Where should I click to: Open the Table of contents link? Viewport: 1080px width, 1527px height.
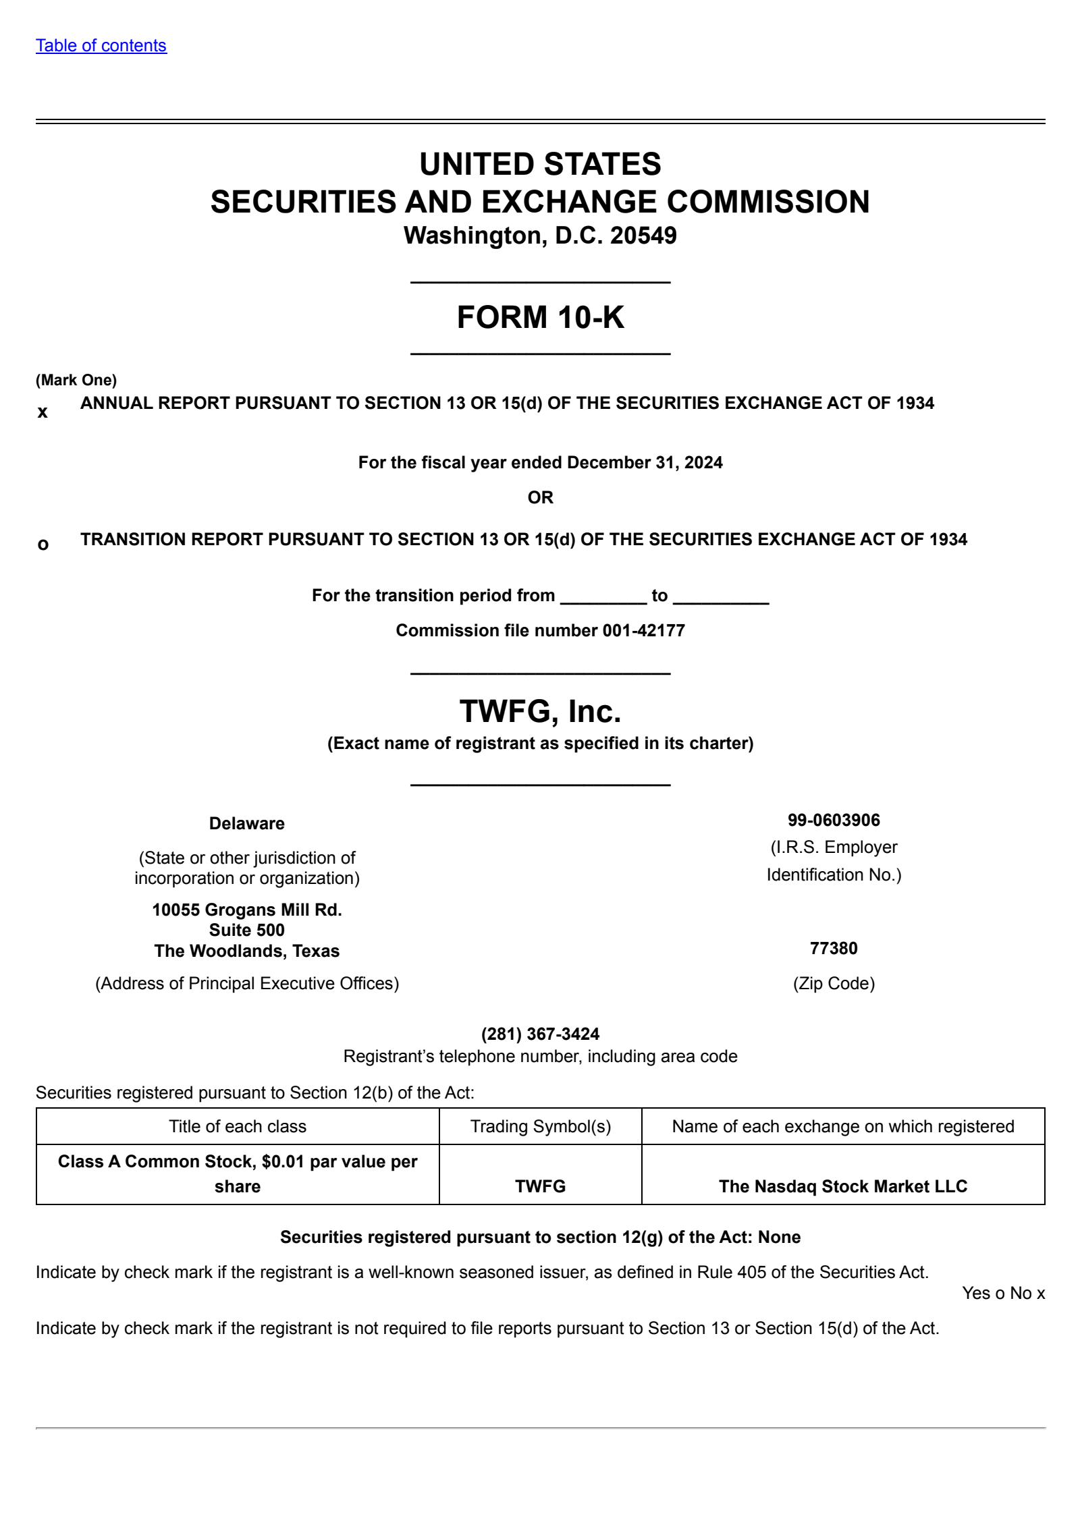coord(101,46)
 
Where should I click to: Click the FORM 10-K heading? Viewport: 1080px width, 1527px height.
coord(540,317)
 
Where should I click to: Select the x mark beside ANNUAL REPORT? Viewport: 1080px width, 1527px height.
coord(43,412)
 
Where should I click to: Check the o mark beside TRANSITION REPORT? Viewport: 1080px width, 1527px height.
coord(43,544)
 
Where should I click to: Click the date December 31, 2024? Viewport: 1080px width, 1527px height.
coord(645,463)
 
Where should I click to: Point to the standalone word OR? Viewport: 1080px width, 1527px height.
coord(540,497)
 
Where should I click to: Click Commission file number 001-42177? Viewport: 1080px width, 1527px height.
coord(540,630)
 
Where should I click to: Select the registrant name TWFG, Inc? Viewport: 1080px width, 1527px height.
coord(540,711)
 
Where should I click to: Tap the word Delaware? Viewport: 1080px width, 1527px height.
coord(247,823)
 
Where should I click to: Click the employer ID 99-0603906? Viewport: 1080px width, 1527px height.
coord(834,820)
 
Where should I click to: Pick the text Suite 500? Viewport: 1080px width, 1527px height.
coord(247,930)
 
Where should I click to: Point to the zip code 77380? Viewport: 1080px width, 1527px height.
coord(834,948)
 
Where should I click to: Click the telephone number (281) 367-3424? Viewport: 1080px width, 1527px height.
coord(540,1034)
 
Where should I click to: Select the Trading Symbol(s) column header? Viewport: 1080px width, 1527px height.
coord(540,1126)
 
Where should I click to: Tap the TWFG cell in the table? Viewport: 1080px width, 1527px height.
coord(540,1186)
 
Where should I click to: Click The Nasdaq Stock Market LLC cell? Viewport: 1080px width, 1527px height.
coord(842,1186)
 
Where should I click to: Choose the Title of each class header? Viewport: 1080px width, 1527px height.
coord(238,1126)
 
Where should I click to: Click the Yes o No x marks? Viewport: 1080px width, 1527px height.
coord(1003,1293)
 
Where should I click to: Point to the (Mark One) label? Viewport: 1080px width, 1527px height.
coord(76,380)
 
